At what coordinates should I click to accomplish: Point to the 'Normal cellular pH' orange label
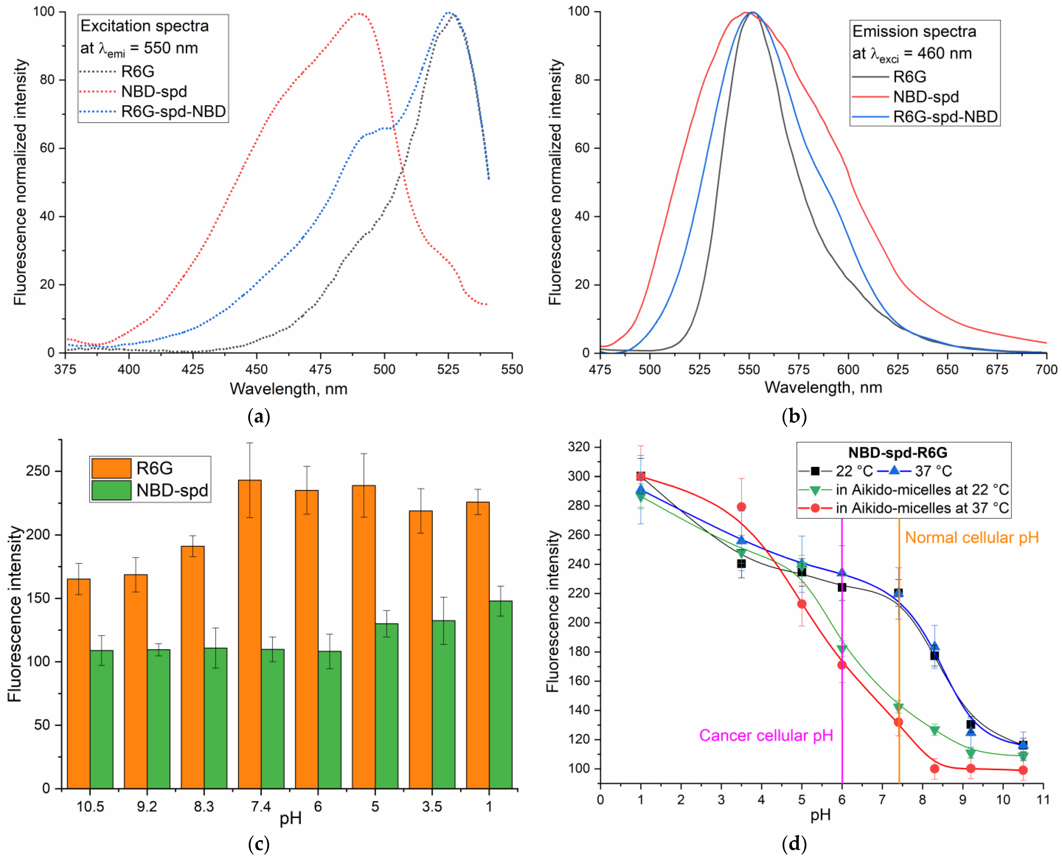972,538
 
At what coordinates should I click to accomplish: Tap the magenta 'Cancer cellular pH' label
765,736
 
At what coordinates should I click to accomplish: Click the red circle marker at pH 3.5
741,507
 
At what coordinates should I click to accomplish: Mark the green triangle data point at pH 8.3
935,730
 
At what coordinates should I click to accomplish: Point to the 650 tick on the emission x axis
947,369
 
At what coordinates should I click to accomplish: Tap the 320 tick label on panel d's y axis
579,447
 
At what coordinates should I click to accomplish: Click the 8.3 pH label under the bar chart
204,807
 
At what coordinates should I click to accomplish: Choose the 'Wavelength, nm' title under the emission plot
823,388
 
